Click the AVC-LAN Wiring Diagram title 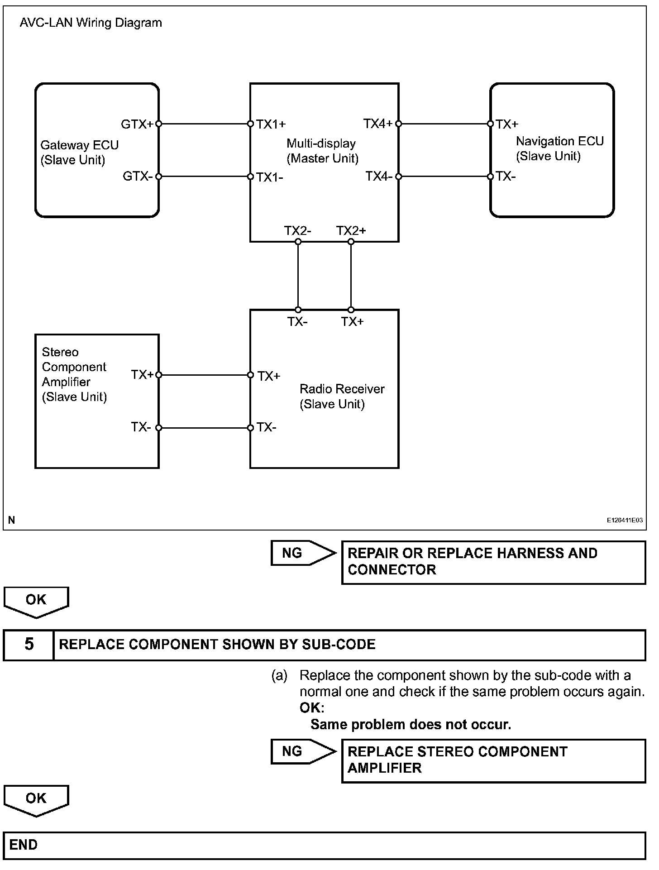coord(91,23)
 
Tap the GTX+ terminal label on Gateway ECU coord(137,124)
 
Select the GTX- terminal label coord(138,177)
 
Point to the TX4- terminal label coord(379,177)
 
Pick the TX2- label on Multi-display coord(297,231)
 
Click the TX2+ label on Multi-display coord(351,231)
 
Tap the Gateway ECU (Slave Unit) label coord(79,153)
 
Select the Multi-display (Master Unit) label coord(322,151)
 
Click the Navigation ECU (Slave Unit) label coord(559,148)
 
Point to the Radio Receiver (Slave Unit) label coord(342,396)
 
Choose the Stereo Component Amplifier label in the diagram coord(74,374)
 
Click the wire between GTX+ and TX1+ coord(205,124)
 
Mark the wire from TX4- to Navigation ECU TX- coord(444,177)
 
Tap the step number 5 coord(29,644)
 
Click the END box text coord(24,845)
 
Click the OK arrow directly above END coord(36,800)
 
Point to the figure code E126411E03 coord(625,521)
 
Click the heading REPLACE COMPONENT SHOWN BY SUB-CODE coord(217,644)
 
